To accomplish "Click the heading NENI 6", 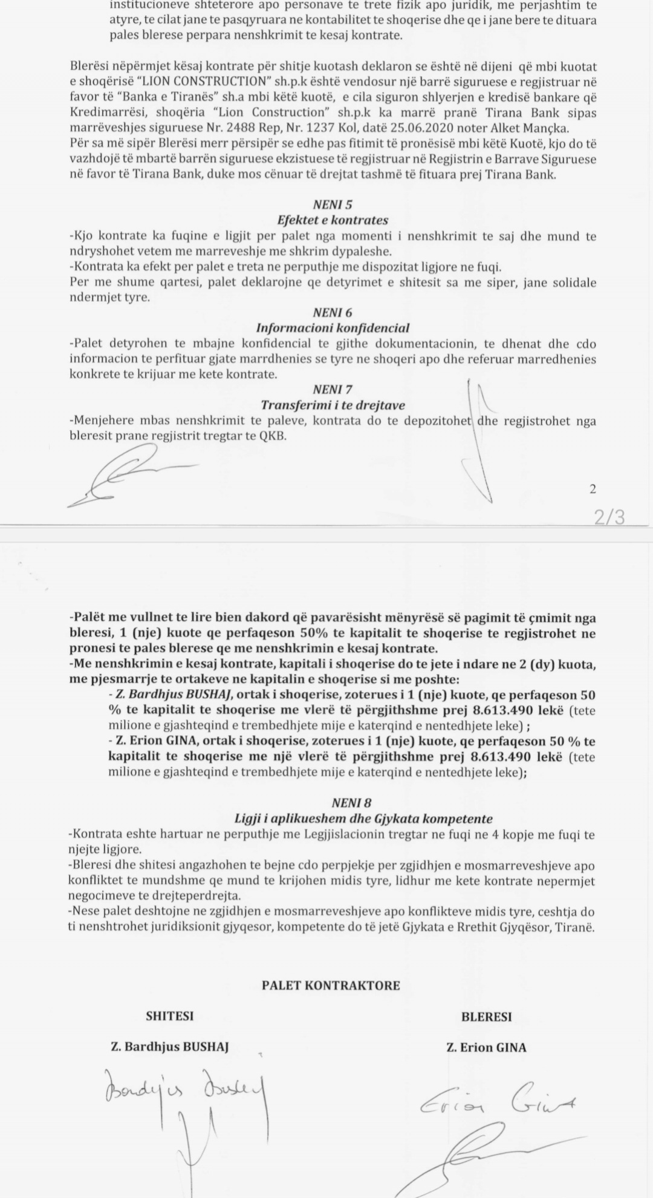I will [x=333, y=313].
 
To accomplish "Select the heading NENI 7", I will [x=333, y=390].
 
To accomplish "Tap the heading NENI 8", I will [x=351, y=803].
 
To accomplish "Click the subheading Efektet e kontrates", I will [x=333, y=220].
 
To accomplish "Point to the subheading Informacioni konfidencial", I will [x=333, y=328].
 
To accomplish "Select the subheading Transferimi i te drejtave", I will [x=333, y=405].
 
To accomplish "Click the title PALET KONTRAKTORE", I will [x=331, y=986].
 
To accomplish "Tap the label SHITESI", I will [x=170, y=1016].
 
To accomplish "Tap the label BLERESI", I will [x=486, y=1017].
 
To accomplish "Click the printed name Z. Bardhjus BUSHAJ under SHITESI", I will [x=170, y=1047].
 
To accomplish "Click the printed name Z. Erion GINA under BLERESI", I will [x=486, y=1047].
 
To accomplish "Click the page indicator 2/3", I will [x=609, y=517].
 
